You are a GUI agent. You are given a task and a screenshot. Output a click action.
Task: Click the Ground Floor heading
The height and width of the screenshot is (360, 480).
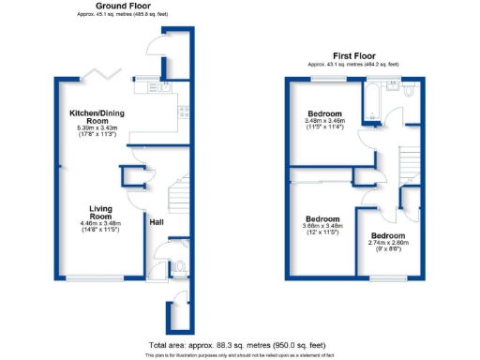coord(117,6)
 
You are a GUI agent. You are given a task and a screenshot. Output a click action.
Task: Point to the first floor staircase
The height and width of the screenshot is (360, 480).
coord(410,165)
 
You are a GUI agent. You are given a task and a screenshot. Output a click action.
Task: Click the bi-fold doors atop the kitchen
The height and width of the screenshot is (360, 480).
coord(97,74)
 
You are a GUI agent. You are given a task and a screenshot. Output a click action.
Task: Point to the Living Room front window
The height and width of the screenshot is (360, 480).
coord(94,277)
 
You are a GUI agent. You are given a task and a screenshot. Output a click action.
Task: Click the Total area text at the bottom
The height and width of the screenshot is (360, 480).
coord(238,344)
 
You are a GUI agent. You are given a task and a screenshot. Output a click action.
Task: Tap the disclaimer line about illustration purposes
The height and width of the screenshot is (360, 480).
coord(238,355)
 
